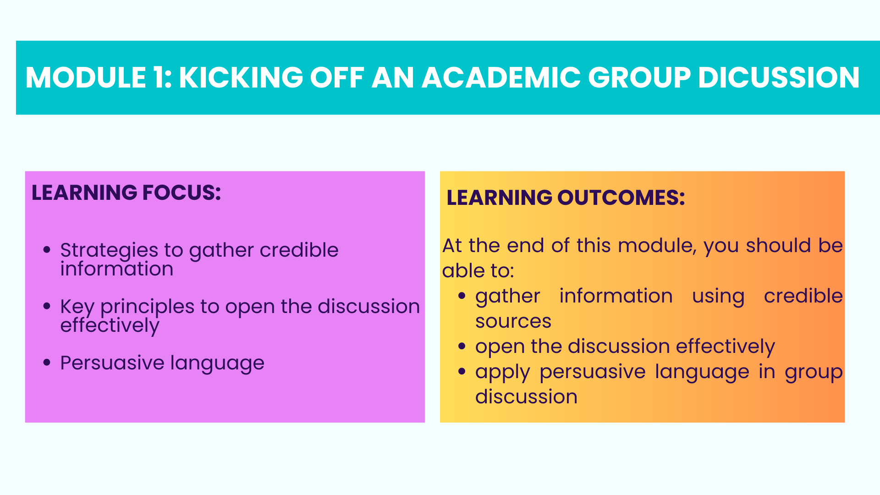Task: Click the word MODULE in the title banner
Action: coord(86,77)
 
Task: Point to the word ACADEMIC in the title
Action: coord(501,77)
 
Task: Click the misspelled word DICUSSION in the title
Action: coord(779,77)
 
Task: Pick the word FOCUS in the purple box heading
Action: coord(181,192)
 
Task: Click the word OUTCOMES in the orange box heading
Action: coord(621,198)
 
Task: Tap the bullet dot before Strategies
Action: coord(47,250)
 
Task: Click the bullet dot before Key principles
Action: coord(47,306)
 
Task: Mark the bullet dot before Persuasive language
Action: coord(47,363)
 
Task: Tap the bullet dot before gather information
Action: coord(462,296)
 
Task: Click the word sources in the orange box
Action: coord(513,321)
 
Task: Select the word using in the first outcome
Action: coord(718,297)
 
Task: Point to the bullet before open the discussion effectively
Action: coord(462,346)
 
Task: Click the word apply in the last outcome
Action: coord(503,373)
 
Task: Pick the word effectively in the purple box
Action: coord(110,326)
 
